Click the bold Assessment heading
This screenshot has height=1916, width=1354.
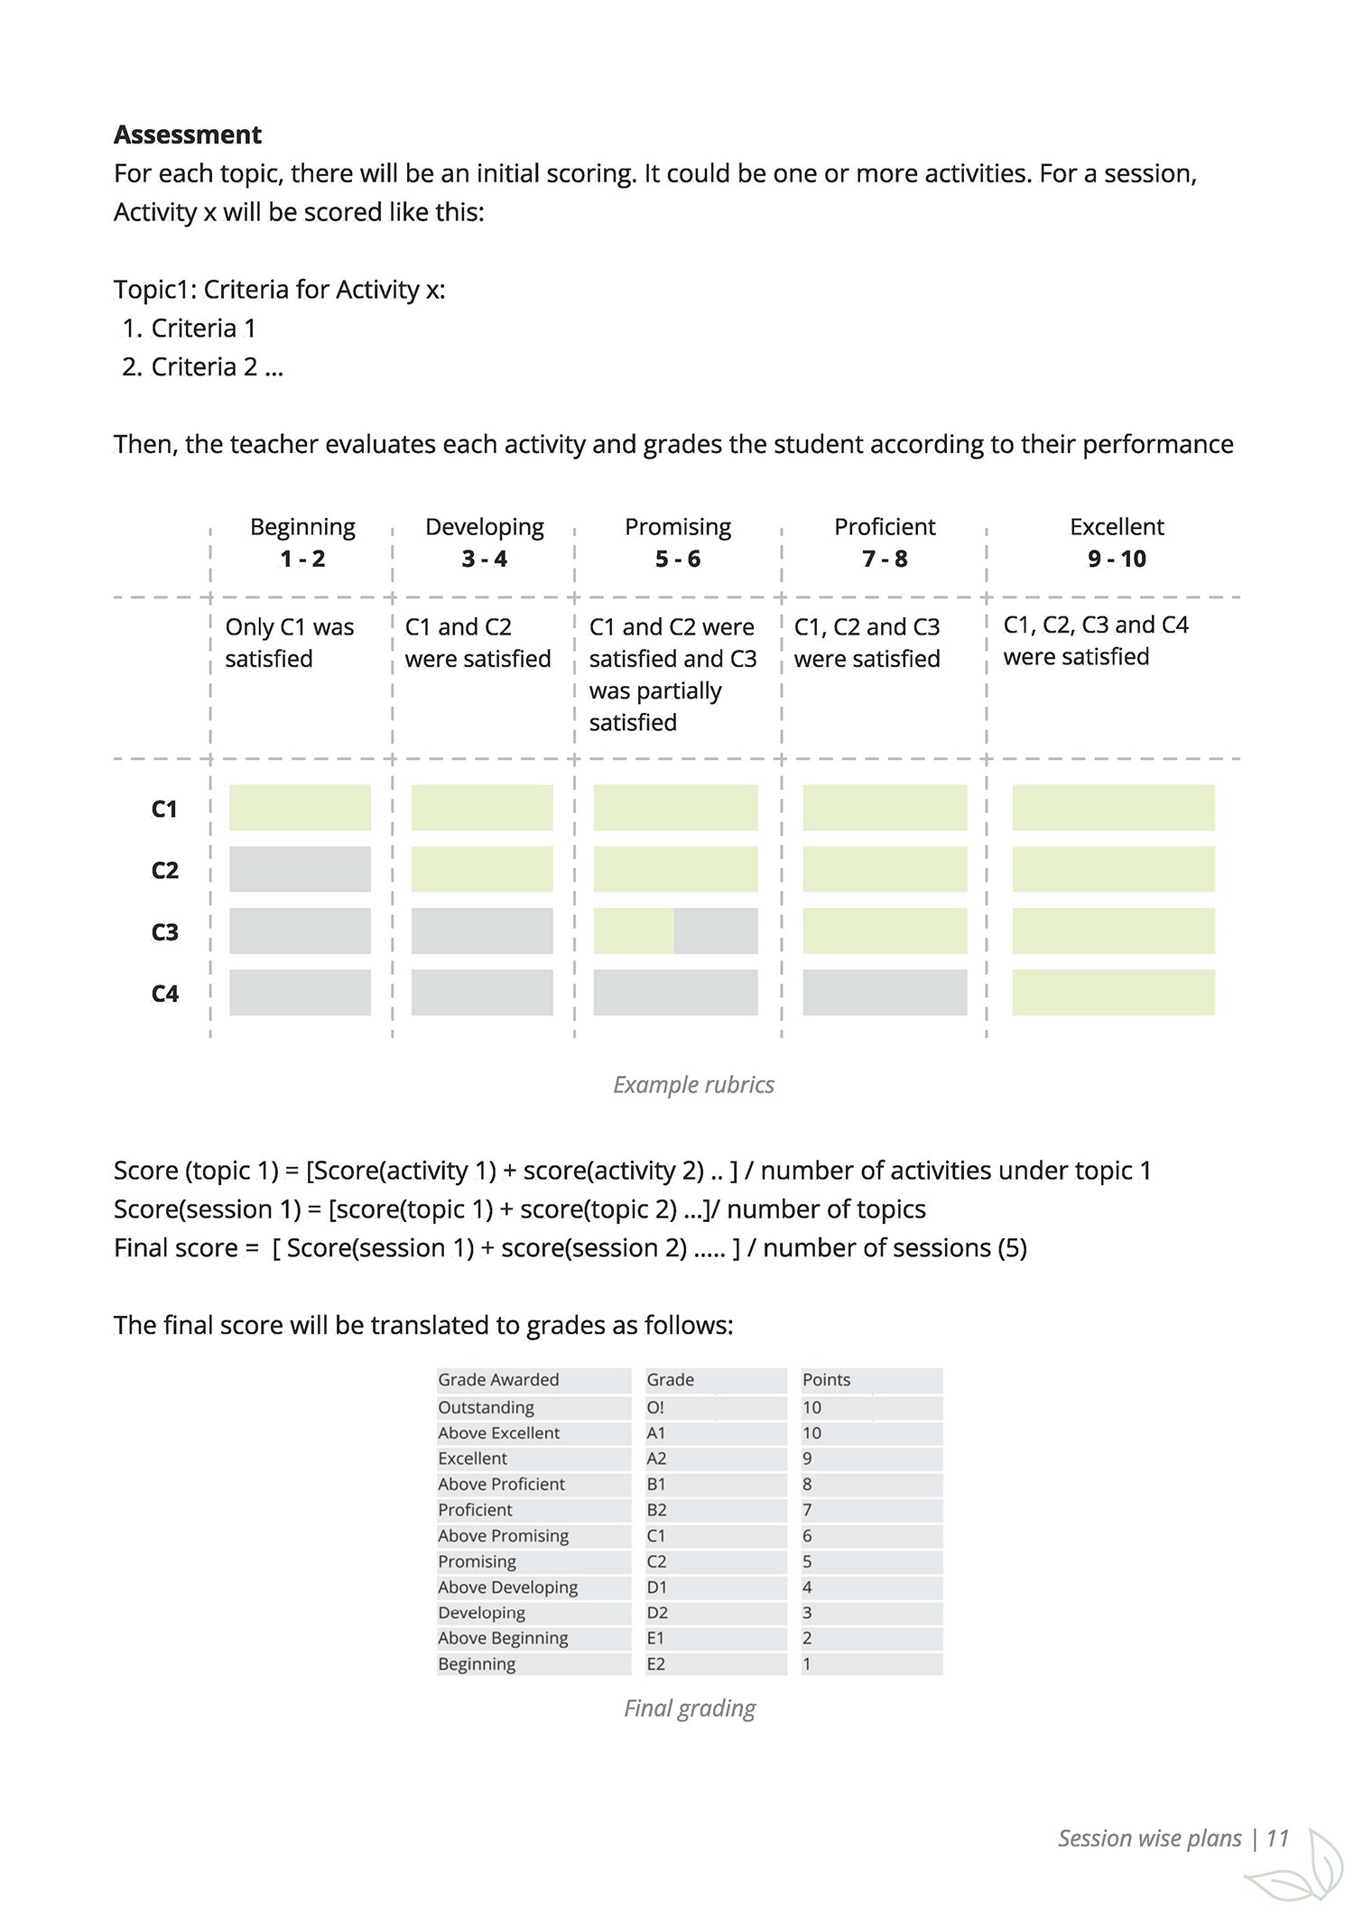187,134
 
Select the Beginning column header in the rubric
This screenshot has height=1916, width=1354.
302,527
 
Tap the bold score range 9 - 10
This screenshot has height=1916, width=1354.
1117,559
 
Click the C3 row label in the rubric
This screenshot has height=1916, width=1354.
164,931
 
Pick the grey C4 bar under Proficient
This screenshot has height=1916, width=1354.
884,993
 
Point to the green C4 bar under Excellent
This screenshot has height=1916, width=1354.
1113,993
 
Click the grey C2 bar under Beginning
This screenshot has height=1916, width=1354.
300,869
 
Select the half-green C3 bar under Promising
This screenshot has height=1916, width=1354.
675,931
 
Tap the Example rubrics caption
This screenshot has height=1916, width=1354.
693,1084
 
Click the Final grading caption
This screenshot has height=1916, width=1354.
690,1708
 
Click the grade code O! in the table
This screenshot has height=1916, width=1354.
655,1407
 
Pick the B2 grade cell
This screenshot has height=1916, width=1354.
656,1510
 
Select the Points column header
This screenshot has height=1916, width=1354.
826,1379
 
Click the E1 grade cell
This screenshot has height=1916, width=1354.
655,1638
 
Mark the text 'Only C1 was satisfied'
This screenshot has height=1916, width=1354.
289,643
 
